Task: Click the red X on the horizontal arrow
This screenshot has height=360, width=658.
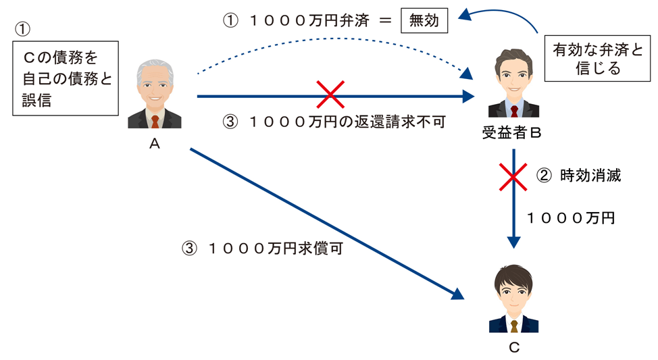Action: click(x=330, y=96)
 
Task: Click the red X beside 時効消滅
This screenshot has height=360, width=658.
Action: click(x=513, y=176)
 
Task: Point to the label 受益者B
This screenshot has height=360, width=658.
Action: click(x=513, y=134)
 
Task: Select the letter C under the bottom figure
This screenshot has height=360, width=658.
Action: click(x=513, y=347)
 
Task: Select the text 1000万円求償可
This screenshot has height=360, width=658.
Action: click(x=263, y=248)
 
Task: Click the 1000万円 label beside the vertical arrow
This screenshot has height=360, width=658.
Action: click(x=571, y=217)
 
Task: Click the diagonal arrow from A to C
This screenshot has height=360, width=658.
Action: click(x=324, y=221)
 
